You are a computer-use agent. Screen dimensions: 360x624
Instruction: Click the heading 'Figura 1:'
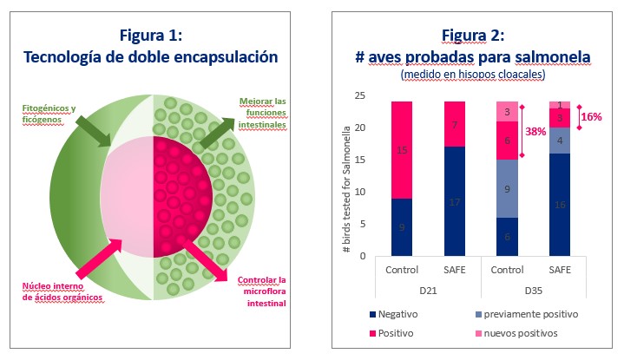pyautogui.click(x=157, y=35)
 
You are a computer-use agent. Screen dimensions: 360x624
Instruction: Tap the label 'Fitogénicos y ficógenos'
pyautogui.click(x=49, y=115)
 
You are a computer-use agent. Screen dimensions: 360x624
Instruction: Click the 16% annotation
pyautogui.click(x=591, y=117)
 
